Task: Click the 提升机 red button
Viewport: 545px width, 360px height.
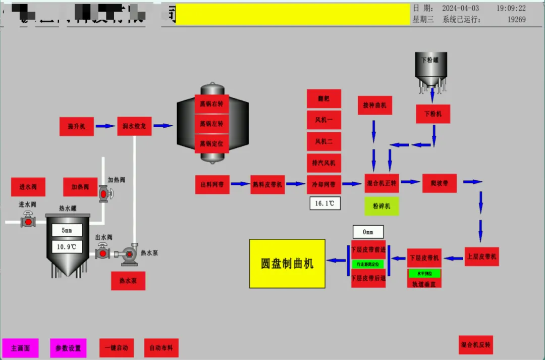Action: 77,126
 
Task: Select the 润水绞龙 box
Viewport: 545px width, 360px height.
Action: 134,126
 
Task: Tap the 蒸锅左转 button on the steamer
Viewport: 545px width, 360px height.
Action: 211,123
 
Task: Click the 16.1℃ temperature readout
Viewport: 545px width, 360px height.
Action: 324,203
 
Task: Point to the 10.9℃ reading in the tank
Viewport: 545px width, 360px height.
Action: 67,247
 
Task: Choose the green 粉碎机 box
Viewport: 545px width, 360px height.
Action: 381,206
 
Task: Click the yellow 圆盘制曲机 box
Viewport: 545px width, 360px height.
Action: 287,264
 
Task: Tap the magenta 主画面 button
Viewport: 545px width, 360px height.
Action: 20,348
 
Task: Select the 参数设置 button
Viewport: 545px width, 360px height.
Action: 68,348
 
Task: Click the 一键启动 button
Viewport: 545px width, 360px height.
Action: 117,348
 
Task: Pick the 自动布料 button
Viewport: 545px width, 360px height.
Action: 161,348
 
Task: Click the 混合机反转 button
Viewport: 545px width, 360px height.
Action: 475,345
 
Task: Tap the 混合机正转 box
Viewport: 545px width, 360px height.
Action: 381,183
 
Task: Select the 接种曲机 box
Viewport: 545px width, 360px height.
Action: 375,105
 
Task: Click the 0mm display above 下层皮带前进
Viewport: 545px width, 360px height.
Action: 368,232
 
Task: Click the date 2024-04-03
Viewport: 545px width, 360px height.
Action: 460,9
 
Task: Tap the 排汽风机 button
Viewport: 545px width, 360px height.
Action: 324,163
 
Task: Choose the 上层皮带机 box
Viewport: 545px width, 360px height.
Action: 481,256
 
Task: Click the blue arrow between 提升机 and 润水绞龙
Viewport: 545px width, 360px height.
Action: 105,126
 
